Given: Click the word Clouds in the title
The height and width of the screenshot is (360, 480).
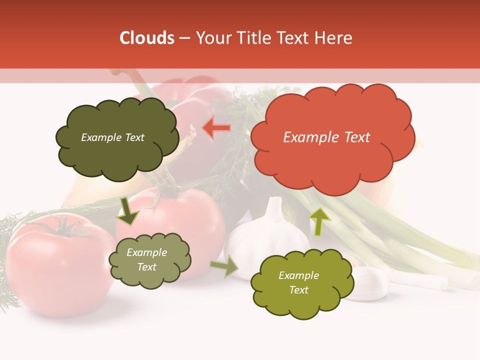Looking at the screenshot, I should point(147,38).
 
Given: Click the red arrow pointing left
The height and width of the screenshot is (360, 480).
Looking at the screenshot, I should point(216,127).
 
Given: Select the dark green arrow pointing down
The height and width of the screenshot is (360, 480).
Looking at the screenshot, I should point(127,211).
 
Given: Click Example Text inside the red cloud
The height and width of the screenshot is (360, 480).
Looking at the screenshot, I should point(326,137).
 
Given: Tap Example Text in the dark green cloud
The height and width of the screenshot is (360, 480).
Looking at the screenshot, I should point(112,137).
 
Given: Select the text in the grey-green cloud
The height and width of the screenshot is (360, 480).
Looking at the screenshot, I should point(146,260).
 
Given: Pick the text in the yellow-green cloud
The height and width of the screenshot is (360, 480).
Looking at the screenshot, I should point(298,282).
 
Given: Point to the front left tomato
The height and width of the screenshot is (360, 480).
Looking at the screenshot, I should point(57,267).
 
